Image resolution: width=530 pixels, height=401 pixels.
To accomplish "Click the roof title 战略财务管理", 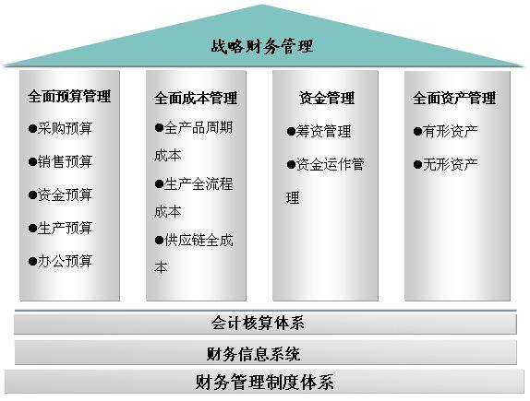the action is click(262, 46).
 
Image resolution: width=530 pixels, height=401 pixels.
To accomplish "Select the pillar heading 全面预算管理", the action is click(69, 96).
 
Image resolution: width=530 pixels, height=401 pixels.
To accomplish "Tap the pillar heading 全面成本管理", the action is click(196, 98).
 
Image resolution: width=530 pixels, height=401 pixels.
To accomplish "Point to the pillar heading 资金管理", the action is click(327, 98).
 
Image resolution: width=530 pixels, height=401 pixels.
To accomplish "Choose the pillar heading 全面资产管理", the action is click(454, 98).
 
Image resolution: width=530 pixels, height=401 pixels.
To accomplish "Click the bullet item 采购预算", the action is click(65, 128).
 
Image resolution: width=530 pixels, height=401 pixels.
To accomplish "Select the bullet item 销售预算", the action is click(65, 161).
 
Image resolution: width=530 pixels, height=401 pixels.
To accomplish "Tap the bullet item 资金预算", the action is click(65, 195).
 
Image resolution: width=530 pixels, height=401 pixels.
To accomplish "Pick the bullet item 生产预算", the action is click(65, 228).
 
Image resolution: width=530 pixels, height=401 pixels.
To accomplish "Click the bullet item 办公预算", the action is click(65, 261).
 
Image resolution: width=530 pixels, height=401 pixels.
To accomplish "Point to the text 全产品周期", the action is click(199, 127).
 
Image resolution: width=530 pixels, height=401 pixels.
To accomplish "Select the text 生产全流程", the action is click(199, 184).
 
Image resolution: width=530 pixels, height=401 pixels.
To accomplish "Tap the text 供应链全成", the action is click(199, 241).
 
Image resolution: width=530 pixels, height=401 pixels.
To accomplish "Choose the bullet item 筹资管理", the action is click(323, 131).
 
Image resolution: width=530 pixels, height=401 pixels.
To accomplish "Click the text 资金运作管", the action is click(330, 164).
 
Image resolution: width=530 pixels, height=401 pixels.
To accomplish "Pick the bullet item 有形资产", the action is click(451, 131).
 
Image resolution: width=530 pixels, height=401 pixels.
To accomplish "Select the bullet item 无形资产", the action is click(451, 164).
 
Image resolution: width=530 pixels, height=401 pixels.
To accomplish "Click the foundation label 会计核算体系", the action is click(258, 323).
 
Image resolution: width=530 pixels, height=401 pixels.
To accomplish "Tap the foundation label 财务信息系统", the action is click(254, 354).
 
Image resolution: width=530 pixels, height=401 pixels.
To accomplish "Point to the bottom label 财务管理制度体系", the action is click(265, 382).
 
